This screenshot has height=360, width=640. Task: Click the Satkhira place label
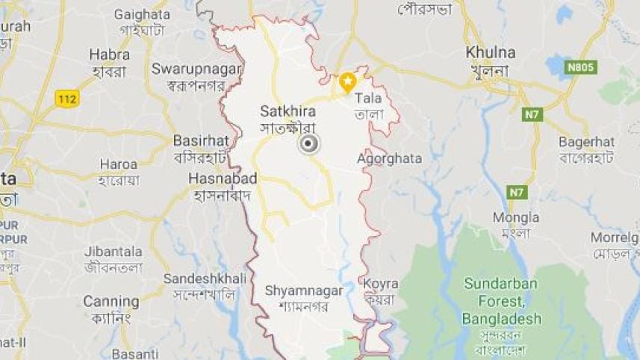click(x=282, y=111)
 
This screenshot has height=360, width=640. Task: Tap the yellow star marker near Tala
click(x=347, y=81)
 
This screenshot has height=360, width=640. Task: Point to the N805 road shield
click(x=580, y=68)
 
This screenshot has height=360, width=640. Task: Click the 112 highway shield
click(x=67, y=98)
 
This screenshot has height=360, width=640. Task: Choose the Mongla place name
click(x=515, y=217)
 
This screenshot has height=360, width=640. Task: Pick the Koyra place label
click(x=381, y=284)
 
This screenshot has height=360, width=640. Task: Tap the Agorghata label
click(x=389, y=158)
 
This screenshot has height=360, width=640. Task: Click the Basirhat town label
click(x=199, y=140)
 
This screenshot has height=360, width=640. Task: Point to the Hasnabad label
click(x=223, y=179)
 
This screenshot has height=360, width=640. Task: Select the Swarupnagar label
click(x=196, y=69)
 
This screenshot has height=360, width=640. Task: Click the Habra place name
click(x=109, y=54)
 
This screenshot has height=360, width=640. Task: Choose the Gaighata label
click(x=141, y=14)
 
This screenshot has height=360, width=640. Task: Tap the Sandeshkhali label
click(x=204, y=278)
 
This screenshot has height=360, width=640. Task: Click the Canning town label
click(x=111, y=302)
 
